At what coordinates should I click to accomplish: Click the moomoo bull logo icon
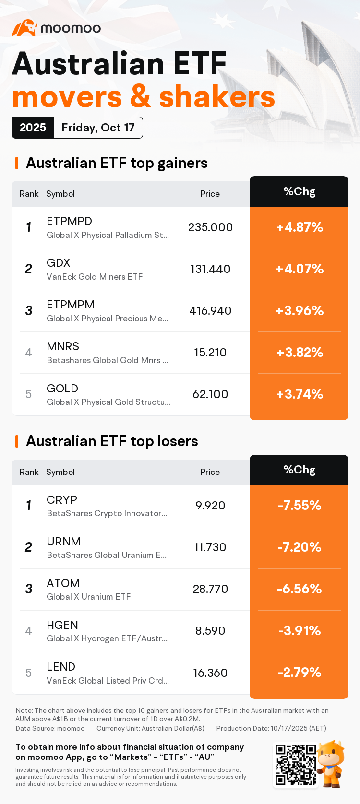(x=24, y=28)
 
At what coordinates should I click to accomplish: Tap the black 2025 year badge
(x=33, y=128)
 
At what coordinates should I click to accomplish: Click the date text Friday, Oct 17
(x=98, y=128)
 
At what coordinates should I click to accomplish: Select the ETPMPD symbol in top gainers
(x=69, y=221)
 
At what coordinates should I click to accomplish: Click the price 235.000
(x=210, y=227)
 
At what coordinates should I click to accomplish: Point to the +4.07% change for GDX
(x=300, y=269)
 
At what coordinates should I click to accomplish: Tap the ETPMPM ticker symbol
(x=70, y=305)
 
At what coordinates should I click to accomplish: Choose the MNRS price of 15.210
(x=210, y=353)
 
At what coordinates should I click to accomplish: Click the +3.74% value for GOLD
(x=300, y=394)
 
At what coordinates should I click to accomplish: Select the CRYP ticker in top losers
(x=62, y=500)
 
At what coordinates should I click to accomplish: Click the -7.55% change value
(x=300, y=506)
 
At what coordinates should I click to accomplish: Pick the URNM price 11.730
(x=210, y=547)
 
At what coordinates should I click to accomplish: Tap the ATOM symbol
(x=63, y=583)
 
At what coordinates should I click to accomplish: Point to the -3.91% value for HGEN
(x=300, y=631)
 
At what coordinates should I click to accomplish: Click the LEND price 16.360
(x=210, y=673)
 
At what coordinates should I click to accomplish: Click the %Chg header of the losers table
(x=300, y=470)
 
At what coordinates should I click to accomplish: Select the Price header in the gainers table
(x=210, y=194)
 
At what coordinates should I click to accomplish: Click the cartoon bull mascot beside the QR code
(x=331, y=763)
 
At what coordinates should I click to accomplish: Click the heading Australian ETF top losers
(x=112, y=441)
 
